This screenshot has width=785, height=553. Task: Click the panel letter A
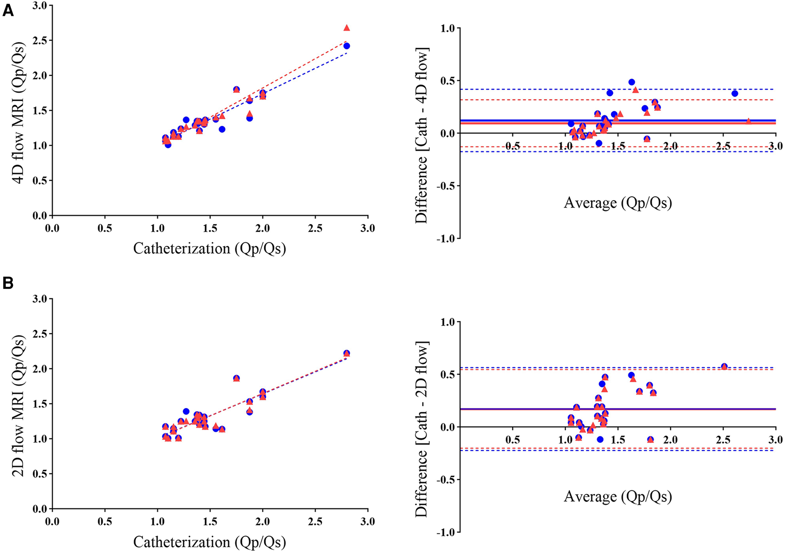8,11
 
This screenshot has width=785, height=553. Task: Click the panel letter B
8,283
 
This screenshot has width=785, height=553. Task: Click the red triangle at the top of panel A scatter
347,28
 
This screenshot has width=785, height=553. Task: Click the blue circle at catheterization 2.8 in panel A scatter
347,46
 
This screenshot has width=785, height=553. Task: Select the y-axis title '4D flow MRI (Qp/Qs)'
19,112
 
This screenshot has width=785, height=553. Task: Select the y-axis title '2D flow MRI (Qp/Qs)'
19,406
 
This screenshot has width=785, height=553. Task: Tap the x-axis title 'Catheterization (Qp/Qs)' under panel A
210,248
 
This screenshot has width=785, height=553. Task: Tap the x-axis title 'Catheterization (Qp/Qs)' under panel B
210,542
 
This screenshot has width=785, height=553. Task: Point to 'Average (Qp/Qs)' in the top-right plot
617,203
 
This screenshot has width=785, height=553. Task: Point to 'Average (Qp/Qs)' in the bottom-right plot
617,496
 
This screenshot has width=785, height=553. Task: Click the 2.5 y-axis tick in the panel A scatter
40,40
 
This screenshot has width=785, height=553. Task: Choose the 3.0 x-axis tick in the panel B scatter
367,522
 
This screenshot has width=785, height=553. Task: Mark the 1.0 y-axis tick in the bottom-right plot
447,322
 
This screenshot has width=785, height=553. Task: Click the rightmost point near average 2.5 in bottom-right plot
724,366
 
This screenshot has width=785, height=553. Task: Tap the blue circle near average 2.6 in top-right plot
735,93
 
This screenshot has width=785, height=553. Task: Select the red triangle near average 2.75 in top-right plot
748,121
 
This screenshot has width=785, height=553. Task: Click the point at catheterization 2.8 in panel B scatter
347,353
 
